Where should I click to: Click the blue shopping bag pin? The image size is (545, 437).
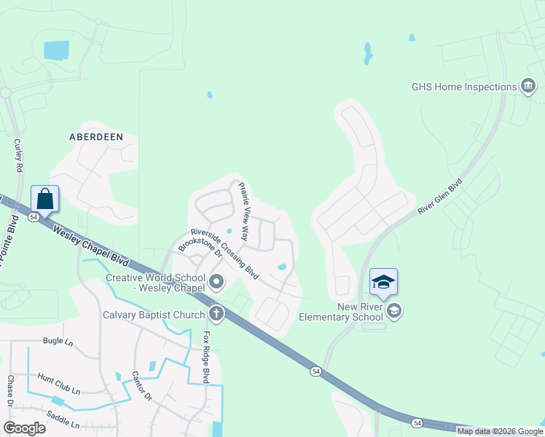(45, 198)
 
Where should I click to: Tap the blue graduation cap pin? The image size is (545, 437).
(384, 282)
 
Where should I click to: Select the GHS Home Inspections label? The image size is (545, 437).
(464, 87)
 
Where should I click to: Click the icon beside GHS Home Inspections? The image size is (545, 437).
(528, 87)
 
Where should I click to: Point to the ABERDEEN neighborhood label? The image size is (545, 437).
(95, 136)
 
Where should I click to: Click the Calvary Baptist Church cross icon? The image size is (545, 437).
(216, 314)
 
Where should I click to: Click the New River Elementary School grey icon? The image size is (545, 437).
(394, 312)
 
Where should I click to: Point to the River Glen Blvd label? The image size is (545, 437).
(440, 196)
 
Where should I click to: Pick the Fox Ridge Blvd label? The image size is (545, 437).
(206, 358)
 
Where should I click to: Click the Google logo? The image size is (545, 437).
(25, 428)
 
